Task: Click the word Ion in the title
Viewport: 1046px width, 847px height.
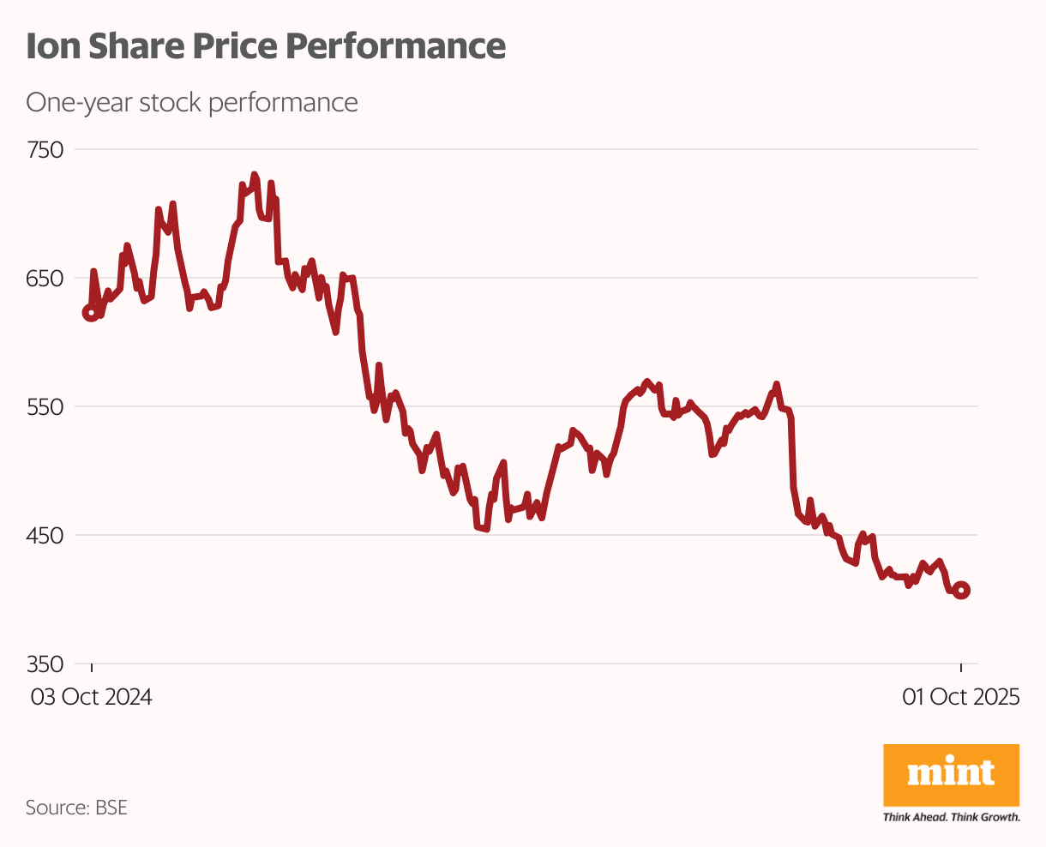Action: click(50, 46)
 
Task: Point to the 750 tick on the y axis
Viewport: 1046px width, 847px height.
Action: click(45, 150)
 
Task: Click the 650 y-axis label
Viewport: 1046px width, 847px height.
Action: click(45, 279)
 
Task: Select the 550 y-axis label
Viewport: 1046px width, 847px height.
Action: click(45, 406)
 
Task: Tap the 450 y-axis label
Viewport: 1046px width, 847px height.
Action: click(45, 535)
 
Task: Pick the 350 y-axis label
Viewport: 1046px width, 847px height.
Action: click(45, 664)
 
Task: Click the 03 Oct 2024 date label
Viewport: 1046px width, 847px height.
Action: click(92, 697)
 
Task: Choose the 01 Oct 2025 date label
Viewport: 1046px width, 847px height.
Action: click(960, 697)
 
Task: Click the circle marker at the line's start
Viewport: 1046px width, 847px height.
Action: click(90, 313)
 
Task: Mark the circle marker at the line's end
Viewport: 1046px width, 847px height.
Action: click(961, 590)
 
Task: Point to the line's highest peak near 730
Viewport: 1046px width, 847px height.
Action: click(254, 175)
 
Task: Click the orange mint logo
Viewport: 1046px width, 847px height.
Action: click(951, 775)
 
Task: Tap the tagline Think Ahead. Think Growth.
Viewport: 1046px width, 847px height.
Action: click(951, 817)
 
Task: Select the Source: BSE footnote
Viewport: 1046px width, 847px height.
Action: click(76, 808)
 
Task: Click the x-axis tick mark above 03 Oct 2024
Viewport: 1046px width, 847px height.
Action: click(92, 669)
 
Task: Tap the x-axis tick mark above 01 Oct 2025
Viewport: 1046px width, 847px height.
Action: click(961, 669)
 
